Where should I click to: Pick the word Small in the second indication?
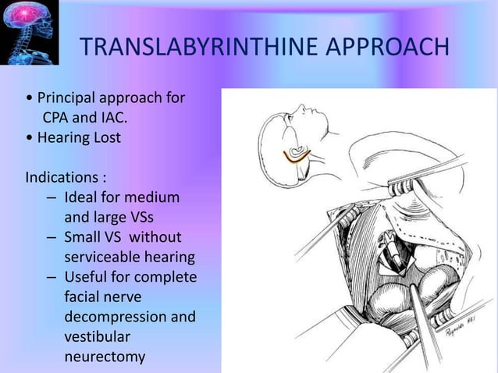(84, 236)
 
